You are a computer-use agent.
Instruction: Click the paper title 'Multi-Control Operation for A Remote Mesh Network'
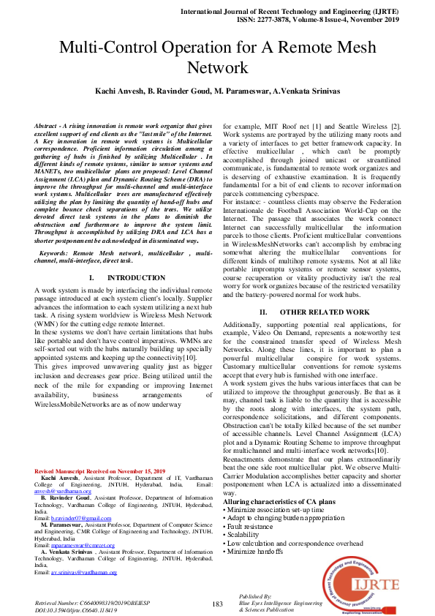coord(217,59)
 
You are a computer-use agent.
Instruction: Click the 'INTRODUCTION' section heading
coord(125,278)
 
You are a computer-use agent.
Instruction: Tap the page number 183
coord(217,604)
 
